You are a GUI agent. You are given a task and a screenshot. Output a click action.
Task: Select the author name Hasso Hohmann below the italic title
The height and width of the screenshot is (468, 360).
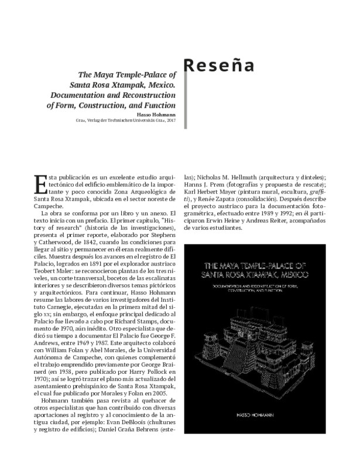pos(155,115)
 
